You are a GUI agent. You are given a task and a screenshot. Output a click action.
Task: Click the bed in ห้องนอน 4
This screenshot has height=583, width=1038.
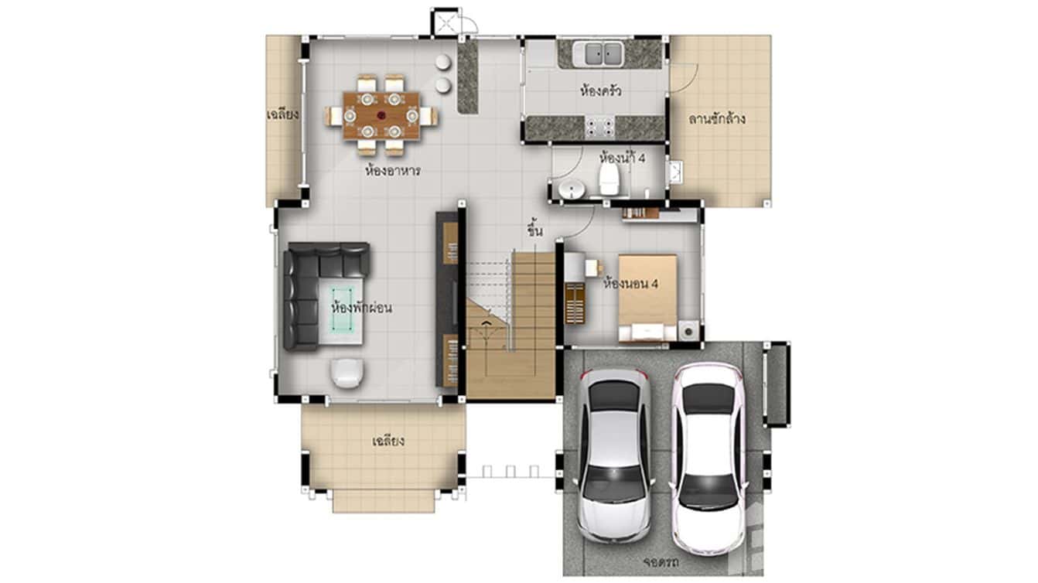(648, 298)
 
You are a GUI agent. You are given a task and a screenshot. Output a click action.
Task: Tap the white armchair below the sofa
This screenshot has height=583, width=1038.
(347, 373)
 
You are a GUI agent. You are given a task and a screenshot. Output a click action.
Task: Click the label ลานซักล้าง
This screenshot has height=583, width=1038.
(717, 119)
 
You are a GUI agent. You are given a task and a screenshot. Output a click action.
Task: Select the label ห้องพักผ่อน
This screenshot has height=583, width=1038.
(360, 308)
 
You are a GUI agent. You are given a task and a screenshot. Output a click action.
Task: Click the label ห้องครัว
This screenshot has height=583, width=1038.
(601, 90)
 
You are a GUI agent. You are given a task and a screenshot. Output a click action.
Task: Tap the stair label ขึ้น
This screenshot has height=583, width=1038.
(534, 230)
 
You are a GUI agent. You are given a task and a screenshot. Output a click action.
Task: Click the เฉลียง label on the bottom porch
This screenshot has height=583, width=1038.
(388, 442)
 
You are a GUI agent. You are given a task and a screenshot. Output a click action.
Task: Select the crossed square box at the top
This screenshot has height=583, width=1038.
(446, 22)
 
